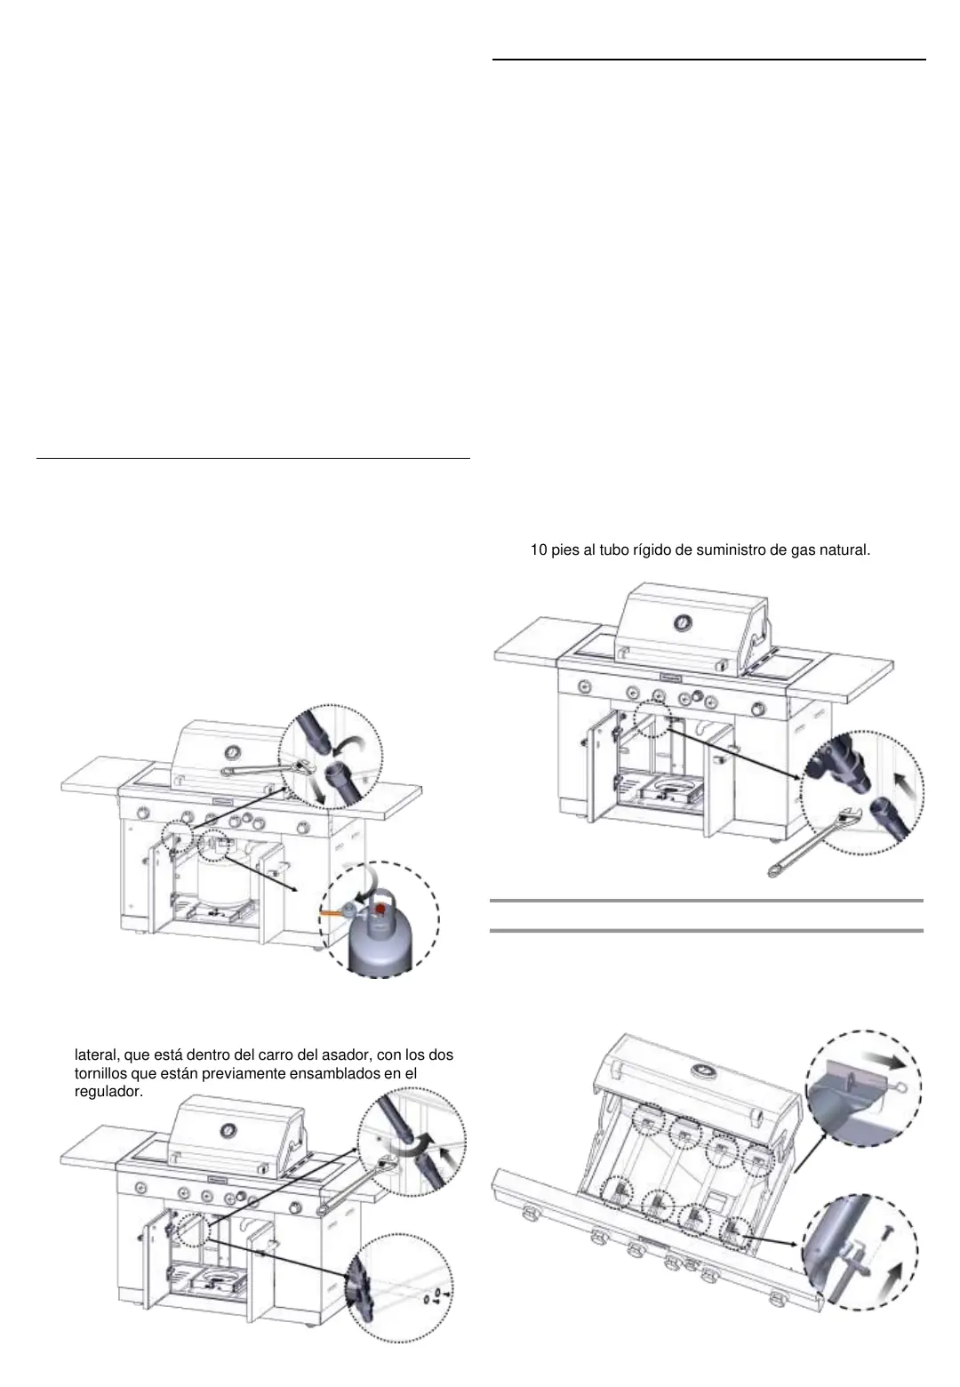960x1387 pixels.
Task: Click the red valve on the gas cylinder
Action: pyautogui.click(x=381, y=909)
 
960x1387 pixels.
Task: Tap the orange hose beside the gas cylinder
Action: pyautogui.click(x=330, y=913)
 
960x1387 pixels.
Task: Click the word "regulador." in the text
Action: pyautogui.click(x=108, y=1091)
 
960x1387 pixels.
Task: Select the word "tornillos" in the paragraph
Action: pyautogui.click(x=107, y=1073)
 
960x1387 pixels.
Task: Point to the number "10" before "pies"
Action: pyautogui.click(x=539, y=549)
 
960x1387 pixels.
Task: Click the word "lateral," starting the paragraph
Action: pyautogui.click(x=98, y=1055)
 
